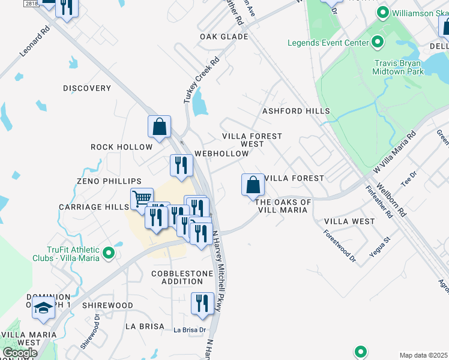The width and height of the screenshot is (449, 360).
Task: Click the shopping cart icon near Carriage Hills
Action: pyautogui.click(x=142, y=199)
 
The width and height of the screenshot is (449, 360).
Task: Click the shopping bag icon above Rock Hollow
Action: pyautogui.click(x=160, y=127)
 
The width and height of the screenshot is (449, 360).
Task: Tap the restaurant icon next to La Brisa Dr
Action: pyautogui.click(x=202, y=303)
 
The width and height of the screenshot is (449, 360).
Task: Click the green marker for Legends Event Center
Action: pyautogui.click(x=378, y=43)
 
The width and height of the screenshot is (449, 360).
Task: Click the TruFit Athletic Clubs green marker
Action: pyautogui.click(x=109, y=253)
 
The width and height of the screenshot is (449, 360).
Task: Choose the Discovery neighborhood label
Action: pyautogui.click(x=87, y=88)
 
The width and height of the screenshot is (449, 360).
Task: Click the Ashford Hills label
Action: pyautogui.click(x=296, y=111)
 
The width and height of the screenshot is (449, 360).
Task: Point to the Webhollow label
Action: pyautogui.click(x=221, y=154)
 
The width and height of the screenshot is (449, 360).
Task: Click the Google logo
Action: pyautogui.click(x=20, y=353)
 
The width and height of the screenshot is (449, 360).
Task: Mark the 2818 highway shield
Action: pyautogui.click(x=32, y=4)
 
